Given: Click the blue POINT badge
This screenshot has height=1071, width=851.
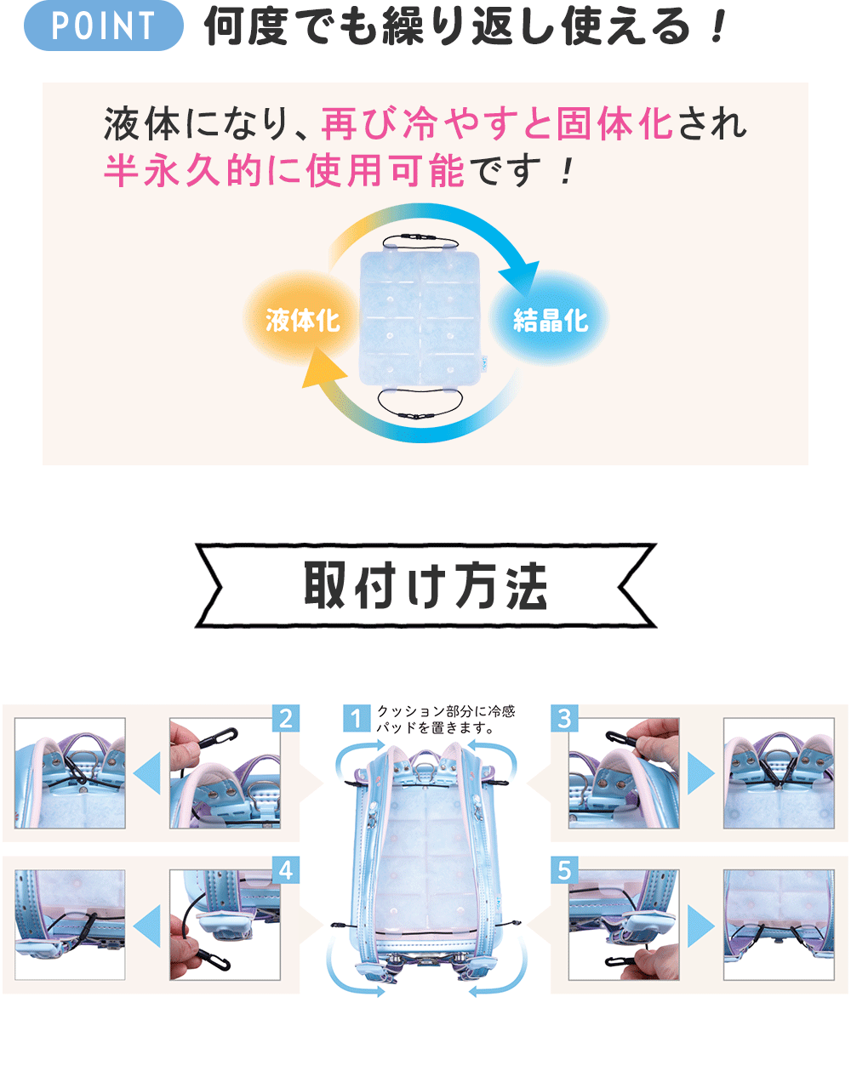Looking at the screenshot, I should [x=103, y=26].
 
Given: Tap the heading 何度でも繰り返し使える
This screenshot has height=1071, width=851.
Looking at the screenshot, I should [x=464, y=27].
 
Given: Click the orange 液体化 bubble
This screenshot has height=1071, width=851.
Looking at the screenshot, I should [x=302, y=320].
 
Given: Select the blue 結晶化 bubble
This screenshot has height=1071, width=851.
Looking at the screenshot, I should [x=551, y=320].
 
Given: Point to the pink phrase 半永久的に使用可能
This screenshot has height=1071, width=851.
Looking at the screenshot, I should [x=284, y=171].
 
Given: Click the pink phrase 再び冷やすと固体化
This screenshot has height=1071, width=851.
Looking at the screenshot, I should [x=497, y=125].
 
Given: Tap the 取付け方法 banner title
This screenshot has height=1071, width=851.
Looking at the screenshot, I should [x=425, y=586].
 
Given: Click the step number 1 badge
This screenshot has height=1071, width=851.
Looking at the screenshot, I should [x=357, y=718].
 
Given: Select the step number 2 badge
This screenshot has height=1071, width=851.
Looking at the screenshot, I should [x=286, y=719].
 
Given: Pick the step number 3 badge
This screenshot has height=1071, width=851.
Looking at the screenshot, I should [x=564, y=719].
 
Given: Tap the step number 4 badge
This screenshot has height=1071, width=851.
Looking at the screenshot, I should [x=286, y=870].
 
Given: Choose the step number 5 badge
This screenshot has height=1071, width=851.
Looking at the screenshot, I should [x=564, y=870].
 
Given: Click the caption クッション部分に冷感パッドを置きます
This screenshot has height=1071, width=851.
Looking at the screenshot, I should [x=445, y=719].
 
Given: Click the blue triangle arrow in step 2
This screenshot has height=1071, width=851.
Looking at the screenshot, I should [x=148, y=773].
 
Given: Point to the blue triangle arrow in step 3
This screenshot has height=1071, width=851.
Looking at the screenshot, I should [x=701, y=773].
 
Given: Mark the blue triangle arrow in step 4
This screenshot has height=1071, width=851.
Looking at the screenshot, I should [x=148, y=925].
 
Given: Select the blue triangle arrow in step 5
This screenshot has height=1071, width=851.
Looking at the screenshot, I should [x=701, y=925].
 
